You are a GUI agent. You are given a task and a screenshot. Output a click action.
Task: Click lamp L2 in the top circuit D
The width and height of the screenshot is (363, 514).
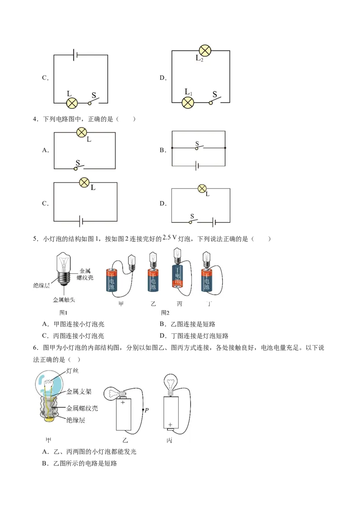coord(205,50)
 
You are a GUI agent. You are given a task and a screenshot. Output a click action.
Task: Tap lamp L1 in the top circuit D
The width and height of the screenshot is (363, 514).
coord(188,103)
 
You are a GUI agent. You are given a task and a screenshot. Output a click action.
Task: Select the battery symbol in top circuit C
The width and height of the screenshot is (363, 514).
coord(75,55)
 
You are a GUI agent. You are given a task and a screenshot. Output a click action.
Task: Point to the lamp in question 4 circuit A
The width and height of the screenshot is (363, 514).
coord(82,133)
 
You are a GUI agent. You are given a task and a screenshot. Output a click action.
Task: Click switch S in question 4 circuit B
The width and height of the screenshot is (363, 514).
coord(198,147)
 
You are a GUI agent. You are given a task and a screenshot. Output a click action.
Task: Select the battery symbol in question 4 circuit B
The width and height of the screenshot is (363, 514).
coord(197,166)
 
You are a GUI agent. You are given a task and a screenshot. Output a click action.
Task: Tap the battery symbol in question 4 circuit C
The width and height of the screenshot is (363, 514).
coord(81,222)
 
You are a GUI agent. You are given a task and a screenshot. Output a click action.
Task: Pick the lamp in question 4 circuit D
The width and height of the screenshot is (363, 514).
coord(202,188)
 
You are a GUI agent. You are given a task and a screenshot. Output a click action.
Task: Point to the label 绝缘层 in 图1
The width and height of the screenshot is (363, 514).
coord(41,286)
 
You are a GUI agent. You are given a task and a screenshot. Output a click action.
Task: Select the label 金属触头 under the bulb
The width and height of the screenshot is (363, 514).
coord(64,300)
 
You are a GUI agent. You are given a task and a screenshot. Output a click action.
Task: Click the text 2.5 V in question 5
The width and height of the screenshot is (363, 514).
coord(170,237)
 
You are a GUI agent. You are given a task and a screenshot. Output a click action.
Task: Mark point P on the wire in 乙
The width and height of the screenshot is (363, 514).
coord(143,410)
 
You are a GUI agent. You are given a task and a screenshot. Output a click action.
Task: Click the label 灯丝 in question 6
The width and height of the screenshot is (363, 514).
coord(72,371)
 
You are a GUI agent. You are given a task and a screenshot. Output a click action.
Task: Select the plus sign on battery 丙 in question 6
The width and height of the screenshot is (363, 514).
coord(170,425)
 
